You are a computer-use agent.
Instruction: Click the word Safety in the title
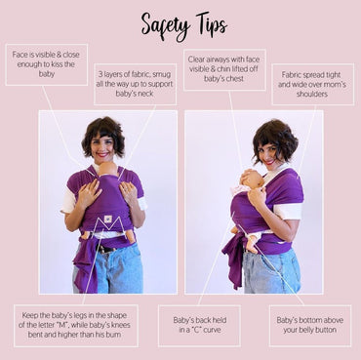click(x=166, y=26)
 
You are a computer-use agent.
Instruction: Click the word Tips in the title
click(x=211, y=24)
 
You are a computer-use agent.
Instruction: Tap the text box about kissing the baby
click(x=47, y=64)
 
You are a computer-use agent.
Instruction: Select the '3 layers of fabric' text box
click(x=136, y=84)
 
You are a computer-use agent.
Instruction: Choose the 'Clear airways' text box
click(x=224, y=69)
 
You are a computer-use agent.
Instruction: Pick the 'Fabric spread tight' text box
click(x=312, y=84)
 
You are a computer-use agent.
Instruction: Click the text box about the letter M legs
click(x=75, y=325)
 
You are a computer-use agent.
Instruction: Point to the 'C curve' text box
click(x=199, y=325)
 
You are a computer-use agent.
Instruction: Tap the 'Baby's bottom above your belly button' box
click(x=310, y=325)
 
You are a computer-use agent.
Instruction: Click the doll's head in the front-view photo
click(x=108, y=169)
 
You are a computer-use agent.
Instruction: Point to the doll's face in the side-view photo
click(x=252, y=180)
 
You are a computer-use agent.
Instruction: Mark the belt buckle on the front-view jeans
click(x=104, y=250)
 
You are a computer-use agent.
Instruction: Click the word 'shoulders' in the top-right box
click(x=312, y=95)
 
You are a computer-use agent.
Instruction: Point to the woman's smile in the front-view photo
click(x=102, y=155)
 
